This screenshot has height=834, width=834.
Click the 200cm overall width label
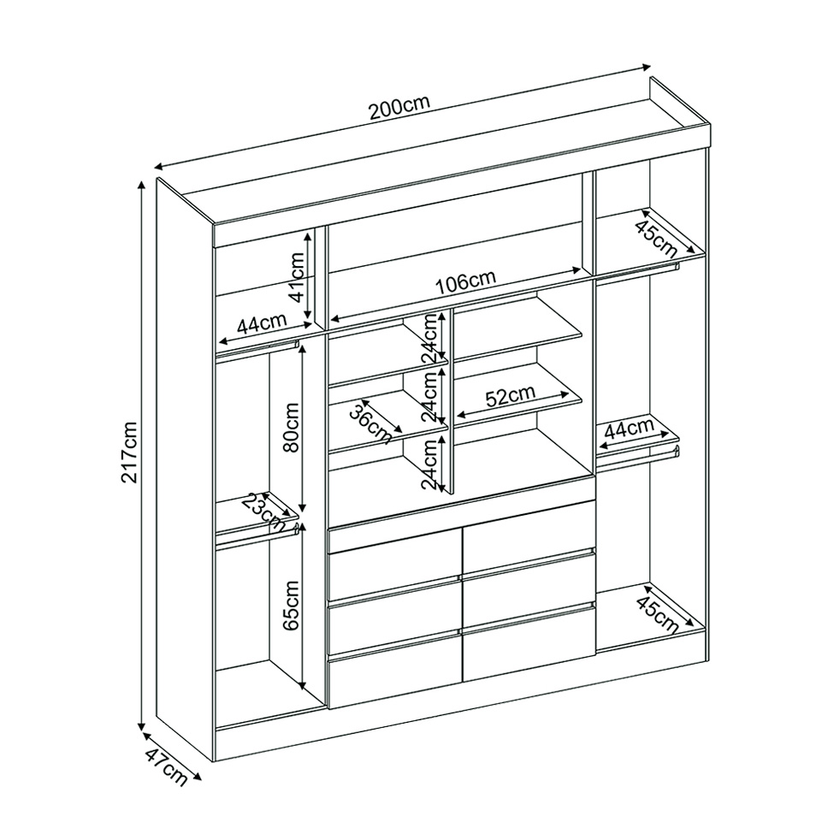coord(399,108)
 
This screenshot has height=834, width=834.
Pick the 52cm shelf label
coord(510,396)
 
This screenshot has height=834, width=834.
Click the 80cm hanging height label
coord(292,427)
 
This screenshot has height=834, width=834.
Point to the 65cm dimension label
coord(292,605)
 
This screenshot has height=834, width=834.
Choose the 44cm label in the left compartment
coord(262,323)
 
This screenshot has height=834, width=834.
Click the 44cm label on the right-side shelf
coord(630,429)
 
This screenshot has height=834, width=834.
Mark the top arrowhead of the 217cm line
coord(141,184)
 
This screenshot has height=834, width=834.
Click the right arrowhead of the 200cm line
coord(647,67)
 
